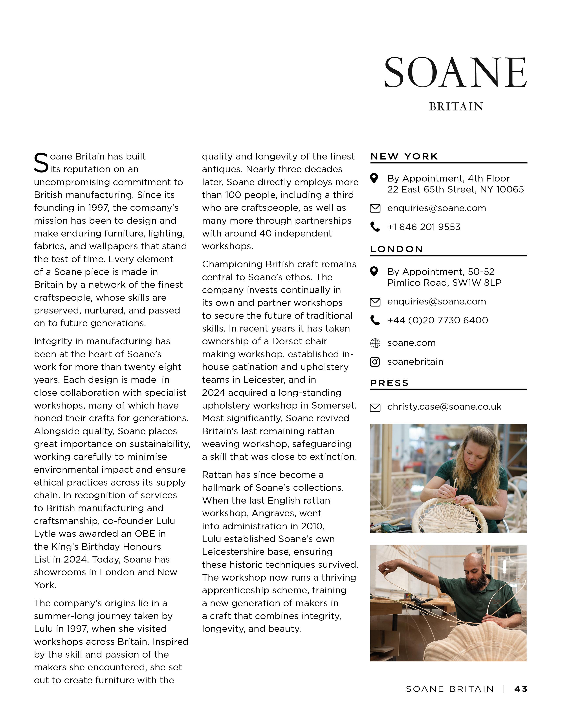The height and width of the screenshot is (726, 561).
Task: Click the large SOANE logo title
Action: pos(455,72)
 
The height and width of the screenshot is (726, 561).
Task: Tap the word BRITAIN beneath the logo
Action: pos(456,107)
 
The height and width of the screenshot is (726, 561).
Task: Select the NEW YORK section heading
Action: pos(404,157)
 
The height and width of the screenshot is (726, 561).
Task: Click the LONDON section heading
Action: pos(396,249)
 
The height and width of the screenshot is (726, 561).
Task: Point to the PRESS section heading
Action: pos(389,383)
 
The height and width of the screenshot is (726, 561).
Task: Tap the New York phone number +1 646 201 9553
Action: pos(424,227)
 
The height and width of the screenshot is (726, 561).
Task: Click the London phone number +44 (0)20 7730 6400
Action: pos(437,320)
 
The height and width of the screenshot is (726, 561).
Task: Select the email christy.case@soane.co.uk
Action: pos(444,407)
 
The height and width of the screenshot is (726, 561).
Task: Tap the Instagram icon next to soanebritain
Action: pos(375,362)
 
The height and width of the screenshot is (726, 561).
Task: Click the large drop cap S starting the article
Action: pos(41,163)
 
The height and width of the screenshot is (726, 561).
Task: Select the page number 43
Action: pos(521,689)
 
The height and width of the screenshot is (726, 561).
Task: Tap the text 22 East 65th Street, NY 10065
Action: pos(455,189)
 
